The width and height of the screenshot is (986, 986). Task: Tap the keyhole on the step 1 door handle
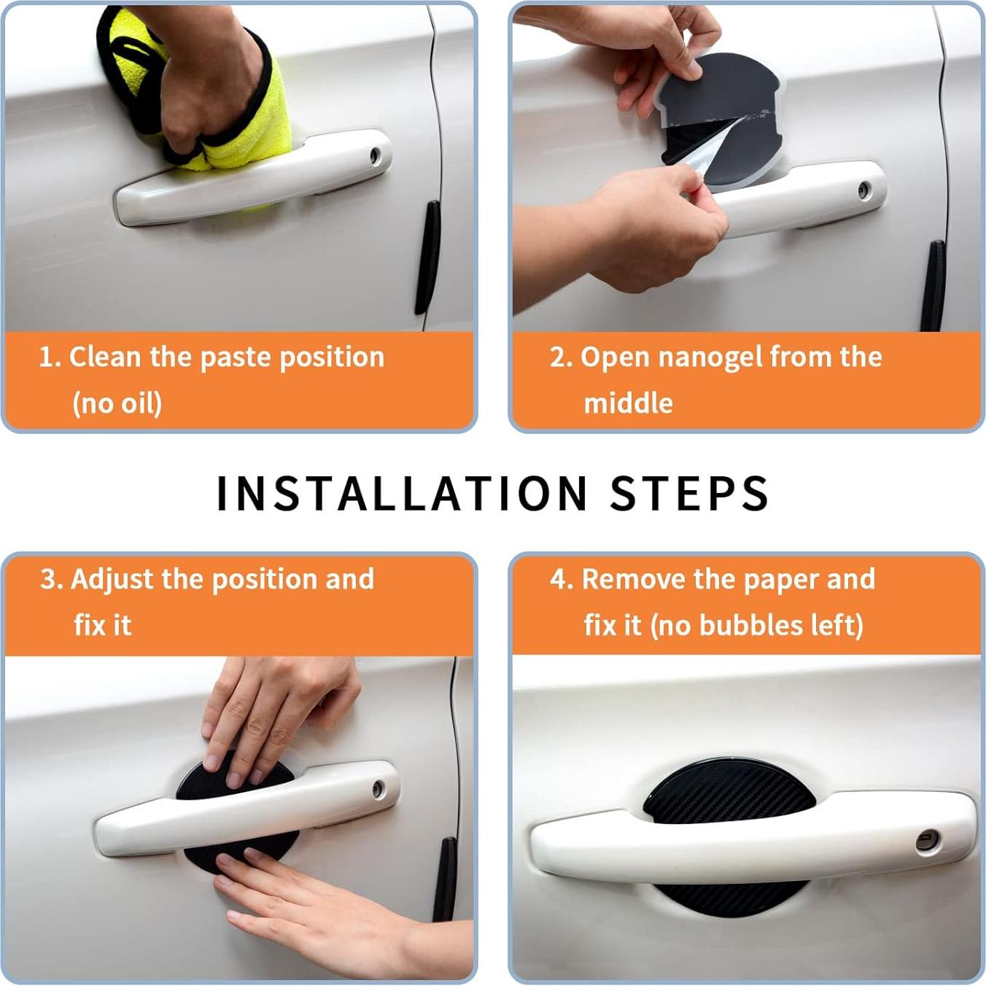click(375, 155)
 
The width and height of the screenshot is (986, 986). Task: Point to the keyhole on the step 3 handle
click(378, 789)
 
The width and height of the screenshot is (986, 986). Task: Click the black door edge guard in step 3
click(445, 880)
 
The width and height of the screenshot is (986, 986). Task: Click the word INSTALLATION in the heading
click(402, 493)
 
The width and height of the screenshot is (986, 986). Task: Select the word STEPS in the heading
click(689, 493)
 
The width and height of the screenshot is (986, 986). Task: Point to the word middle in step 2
click(629, 403)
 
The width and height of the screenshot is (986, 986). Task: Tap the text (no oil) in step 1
click(117, 403)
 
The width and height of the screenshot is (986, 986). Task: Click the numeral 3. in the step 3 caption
click(52, 580)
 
